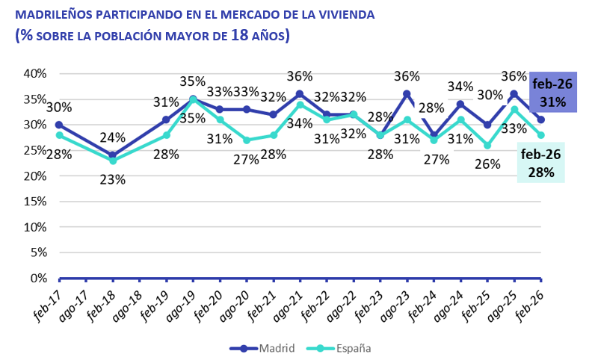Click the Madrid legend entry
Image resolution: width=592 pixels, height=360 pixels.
point(262,348)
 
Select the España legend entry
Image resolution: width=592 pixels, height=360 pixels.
point(339,348)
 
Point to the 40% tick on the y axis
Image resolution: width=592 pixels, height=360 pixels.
point(35,74)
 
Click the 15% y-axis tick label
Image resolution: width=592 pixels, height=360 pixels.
point(35,201)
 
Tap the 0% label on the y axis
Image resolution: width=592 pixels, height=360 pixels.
point(38,278)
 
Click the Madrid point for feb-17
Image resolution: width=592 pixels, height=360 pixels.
point(59,125)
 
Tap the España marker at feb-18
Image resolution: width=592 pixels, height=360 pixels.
point(113,161)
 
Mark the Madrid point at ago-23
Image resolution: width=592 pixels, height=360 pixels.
point(407,94)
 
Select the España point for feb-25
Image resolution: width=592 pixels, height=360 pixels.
point(487,146)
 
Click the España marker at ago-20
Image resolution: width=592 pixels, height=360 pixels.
point(247,140)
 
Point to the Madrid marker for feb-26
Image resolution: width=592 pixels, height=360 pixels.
point(540,120)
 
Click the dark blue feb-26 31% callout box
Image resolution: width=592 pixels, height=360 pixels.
point(552,92)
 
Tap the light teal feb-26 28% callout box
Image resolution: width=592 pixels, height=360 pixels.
point(541,163)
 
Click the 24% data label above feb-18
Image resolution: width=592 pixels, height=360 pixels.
point(113,137)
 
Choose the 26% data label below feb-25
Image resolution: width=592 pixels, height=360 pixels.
point(487,164)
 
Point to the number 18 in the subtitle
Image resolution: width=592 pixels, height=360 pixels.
point(239,35)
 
